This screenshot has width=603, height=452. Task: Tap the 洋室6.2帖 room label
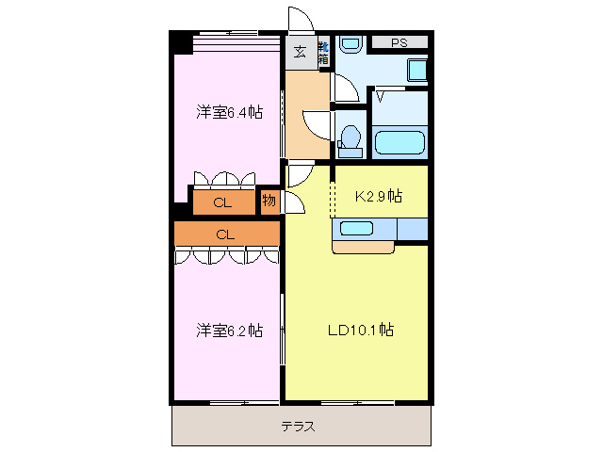coord(229,331)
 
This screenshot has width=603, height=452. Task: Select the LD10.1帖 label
coord(360,331)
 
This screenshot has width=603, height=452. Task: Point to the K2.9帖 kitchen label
coord(378,197)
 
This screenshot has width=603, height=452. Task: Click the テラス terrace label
coord(298,427)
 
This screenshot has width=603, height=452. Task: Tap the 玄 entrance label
coord(299,53)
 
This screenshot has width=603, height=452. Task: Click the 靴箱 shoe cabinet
coord(322,53)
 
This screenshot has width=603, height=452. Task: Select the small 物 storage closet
coord(269,201)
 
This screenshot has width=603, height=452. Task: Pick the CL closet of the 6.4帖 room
coord(222,202)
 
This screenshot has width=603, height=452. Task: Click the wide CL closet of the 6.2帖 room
coord(226,234)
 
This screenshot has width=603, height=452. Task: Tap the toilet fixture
coord(350,136)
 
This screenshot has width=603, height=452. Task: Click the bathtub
coord(400,143)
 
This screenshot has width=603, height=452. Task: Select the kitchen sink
coord(357,228)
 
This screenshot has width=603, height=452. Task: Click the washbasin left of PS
coord(350,44)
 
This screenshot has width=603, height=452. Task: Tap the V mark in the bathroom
coord(381,96)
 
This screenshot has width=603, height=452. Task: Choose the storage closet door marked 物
coord(293,200)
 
